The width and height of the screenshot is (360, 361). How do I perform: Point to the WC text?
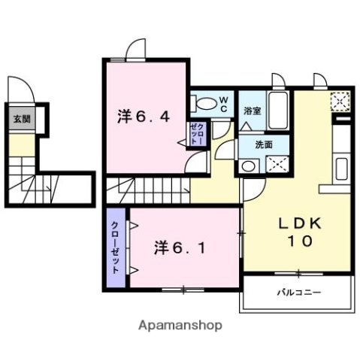(223, 103)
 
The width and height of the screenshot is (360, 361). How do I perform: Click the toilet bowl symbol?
(204, 104)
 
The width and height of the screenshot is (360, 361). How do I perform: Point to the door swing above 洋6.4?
(135, 49)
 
